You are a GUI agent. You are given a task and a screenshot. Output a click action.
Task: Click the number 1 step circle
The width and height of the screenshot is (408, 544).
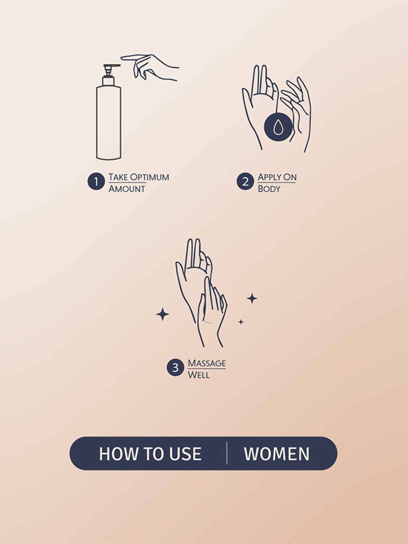coord(96,181)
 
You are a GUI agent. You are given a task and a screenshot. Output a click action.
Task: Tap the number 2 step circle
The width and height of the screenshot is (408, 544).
coord(245,181)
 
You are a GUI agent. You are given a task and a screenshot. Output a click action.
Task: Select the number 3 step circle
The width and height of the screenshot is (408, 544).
coord(175,368)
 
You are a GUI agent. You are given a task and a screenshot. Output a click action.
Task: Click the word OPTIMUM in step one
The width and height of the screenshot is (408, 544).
coord(149,177)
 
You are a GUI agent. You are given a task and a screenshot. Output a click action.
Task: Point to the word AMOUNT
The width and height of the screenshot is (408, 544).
coord(127,189)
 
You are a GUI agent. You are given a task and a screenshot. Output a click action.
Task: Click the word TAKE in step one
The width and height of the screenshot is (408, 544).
coord(118,177)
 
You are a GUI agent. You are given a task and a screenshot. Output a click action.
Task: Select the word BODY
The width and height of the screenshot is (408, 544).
coord(269,189)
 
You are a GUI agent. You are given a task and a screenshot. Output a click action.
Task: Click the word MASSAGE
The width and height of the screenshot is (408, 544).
coord(207,363)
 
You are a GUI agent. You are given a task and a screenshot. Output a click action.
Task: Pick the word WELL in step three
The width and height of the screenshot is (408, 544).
coord(199,375)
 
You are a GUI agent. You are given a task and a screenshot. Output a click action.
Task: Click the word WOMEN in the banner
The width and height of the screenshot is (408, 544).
coord(277,454)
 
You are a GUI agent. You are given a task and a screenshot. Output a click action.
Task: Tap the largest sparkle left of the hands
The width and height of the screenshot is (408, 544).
coord(163,314)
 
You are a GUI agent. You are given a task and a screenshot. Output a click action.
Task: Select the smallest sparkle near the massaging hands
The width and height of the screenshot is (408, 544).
coord(241,322)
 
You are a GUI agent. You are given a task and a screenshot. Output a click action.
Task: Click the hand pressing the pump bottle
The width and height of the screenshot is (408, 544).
coord(150,67)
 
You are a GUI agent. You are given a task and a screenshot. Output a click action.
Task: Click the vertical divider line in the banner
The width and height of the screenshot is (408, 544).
coord(227,453)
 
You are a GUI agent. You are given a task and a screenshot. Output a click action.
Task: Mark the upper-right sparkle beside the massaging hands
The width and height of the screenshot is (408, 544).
coord(252,299)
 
